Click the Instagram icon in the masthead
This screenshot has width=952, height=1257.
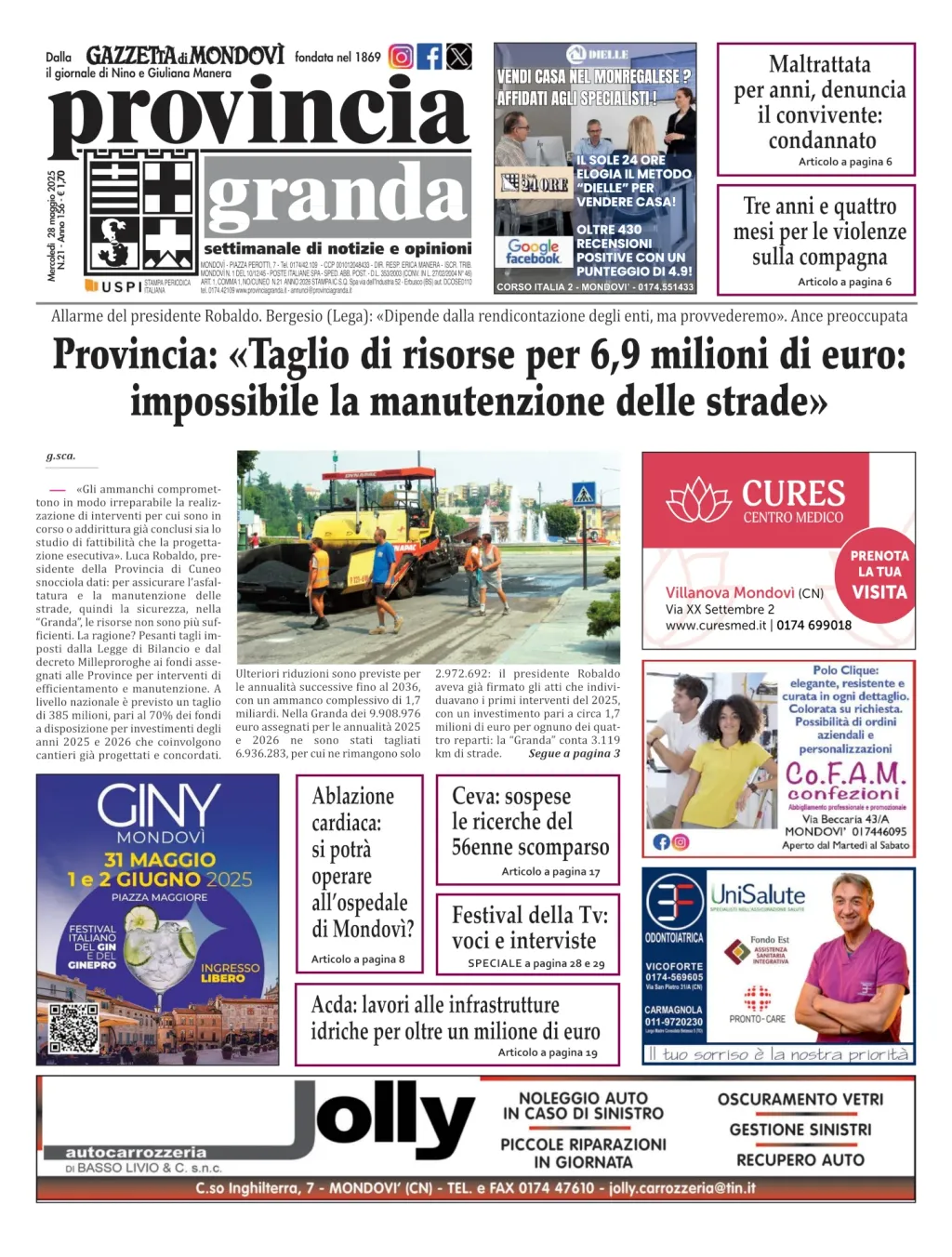(401, 57)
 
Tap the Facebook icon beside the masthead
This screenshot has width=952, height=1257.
(430, 57)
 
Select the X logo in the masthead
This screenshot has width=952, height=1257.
(459, 57)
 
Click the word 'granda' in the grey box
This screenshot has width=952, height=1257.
(337, 196)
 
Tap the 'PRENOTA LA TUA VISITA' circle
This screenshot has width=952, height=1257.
(879, 574)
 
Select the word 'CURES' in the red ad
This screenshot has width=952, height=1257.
(793, 494)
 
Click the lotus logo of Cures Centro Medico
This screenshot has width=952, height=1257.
(699, 501)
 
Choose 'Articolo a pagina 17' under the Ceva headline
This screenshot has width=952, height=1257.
(550, 872)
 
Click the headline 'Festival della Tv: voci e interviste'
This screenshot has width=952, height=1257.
(529, 928)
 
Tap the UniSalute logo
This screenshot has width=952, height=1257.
(758, 895)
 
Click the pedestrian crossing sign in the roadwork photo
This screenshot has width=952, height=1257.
(583, 493)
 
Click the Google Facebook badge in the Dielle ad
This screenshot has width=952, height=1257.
(533, 252)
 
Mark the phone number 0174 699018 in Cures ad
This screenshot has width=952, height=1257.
(813, 626)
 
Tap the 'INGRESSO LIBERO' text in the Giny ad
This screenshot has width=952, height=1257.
(230, 973)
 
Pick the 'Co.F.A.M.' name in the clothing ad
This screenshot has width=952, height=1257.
(844, 774)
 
